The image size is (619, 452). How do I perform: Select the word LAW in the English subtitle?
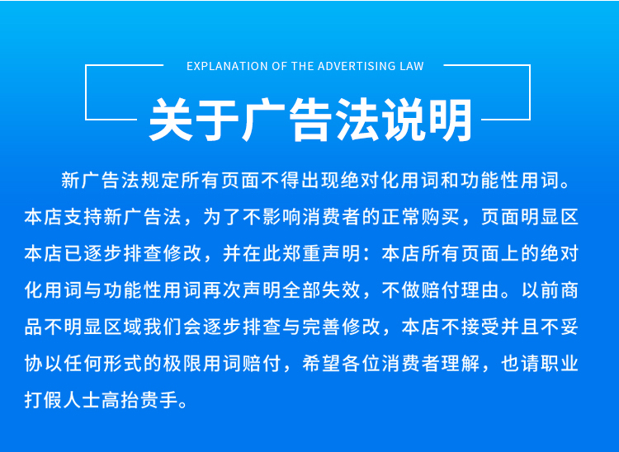[x=412, y=66]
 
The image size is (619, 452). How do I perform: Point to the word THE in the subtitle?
[x=302, y=66]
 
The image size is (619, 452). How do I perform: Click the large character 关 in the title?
[x=171, y=119]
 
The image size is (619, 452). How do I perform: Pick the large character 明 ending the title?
[x=450, y=119]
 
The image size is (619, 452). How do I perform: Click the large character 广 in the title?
[x=263, y=119]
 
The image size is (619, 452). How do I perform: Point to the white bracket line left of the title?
[x=86, y=92]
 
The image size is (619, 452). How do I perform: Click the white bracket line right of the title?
[x=529, y=92]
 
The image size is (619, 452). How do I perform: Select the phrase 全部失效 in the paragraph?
[x=322, y=290]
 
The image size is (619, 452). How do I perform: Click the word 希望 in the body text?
[x=322, y=363]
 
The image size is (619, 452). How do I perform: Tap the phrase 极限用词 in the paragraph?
[x=202, y=363]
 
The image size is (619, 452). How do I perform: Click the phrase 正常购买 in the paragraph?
[x=421, y=217]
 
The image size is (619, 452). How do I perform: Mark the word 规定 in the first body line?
[x=161, y=181]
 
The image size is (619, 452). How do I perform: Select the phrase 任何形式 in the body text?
[x=103, y=363]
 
